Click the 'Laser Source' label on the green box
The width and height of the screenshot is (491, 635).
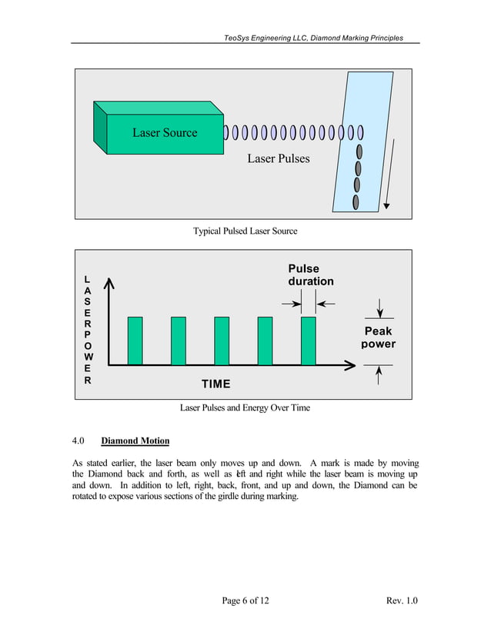point(165,133)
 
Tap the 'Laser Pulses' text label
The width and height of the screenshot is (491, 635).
point(279,158)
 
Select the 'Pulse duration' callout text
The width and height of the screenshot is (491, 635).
point(311,275)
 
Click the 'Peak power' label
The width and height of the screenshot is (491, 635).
point(378,337)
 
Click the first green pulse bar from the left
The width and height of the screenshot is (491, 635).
point(135,341)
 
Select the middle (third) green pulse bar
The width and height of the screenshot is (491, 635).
point(222,341)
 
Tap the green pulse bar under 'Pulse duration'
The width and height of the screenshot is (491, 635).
point(309,341)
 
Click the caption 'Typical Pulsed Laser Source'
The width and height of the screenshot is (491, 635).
point(245,231)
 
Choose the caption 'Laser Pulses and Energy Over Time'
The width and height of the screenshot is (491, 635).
point(245,407)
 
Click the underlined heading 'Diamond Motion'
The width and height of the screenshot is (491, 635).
point(135,441)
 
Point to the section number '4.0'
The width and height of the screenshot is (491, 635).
point(78,441)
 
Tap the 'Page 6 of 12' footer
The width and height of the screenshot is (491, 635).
point(245,600)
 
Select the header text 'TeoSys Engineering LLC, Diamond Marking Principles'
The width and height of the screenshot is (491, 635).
point(313,38)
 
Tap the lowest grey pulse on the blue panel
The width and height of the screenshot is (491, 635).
point(356,202)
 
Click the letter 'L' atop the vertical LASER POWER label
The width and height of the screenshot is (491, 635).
point(87,279)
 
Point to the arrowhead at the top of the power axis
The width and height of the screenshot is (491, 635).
point(109,282)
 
